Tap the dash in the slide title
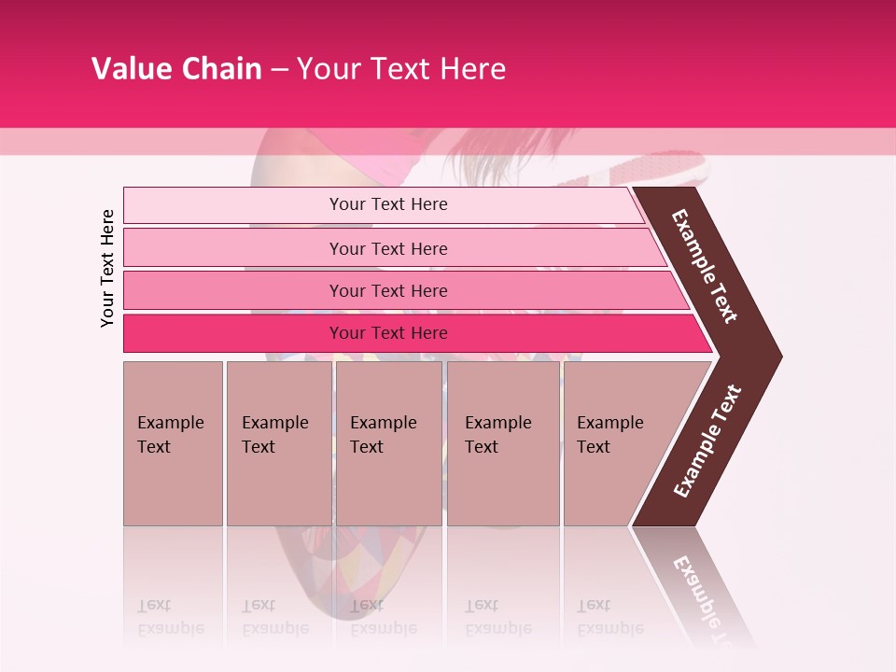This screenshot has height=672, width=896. (279, 70)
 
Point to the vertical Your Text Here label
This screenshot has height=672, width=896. (107, 268)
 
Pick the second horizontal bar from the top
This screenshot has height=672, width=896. (387, 248)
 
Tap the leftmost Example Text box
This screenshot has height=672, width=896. (173, 442)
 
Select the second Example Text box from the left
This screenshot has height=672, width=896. (279, 442)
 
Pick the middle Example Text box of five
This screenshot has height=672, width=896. (388, 442)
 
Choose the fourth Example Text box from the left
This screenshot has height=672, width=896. (503, 442)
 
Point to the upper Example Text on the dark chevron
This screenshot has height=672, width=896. (705, 267)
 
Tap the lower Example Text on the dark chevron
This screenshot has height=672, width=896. (707, 441)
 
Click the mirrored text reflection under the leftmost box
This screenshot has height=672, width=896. (171, 617)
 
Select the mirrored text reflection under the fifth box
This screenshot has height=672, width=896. (610, 617)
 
